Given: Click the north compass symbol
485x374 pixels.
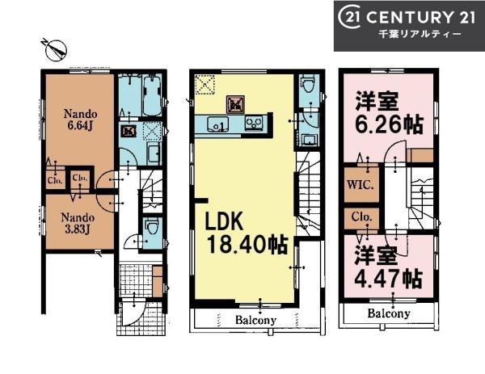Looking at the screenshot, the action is point(56,49).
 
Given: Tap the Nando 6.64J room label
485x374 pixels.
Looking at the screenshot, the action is point(80,120).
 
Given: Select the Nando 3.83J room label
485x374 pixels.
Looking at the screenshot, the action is point(78,223).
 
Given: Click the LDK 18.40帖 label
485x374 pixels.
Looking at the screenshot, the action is point(247,234).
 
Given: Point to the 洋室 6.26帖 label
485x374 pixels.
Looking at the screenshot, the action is point(389,113).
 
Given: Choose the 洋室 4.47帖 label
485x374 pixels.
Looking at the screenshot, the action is point(388,267).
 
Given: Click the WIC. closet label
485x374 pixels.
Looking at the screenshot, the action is point(361,185).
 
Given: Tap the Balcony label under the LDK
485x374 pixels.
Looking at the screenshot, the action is point(255,320).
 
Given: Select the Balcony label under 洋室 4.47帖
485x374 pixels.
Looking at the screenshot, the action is point(389,313).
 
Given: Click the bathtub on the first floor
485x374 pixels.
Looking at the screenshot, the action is point(152,95).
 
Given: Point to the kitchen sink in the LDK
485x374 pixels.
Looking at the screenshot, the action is point(218,124).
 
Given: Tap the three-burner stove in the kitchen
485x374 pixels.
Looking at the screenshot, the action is point(255,123).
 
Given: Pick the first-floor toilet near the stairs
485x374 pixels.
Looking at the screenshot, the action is point(152,226).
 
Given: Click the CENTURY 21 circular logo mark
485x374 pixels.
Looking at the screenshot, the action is point(349,17).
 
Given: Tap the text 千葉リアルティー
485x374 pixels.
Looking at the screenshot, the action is point(420,34).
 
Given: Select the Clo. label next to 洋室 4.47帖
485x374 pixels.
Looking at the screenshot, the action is point(361,217).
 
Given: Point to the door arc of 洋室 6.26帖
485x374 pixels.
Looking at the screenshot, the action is point(393,150).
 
